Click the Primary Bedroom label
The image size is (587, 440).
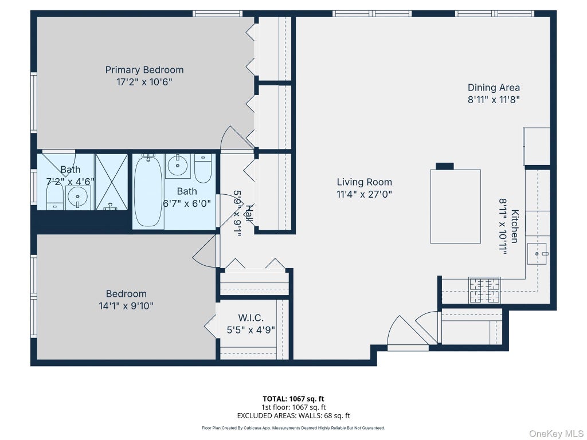coord(144,70)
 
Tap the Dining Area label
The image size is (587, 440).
coord(494,88)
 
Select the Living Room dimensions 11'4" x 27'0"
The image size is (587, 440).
coord(364,194)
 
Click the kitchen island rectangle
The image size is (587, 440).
coord(455,206)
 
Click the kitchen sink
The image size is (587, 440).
coord(537,253)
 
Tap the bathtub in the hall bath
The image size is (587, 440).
coord(148,191)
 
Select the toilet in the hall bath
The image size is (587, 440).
coord(204,169)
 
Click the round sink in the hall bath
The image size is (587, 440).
coord(179,164)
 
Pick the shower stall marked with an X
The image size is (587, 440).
coord(112,182)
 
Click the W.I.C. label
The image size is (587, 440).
coord(251,318)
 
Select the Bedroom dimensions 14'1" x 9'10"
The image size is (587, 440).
coord(126,306)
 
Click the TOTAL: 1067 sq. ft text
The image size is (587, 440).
coord(293,399)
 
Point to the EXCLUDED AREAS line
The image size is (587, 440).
coord(293,415)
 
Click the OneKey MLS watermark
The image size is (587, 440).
coord(556,433)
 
